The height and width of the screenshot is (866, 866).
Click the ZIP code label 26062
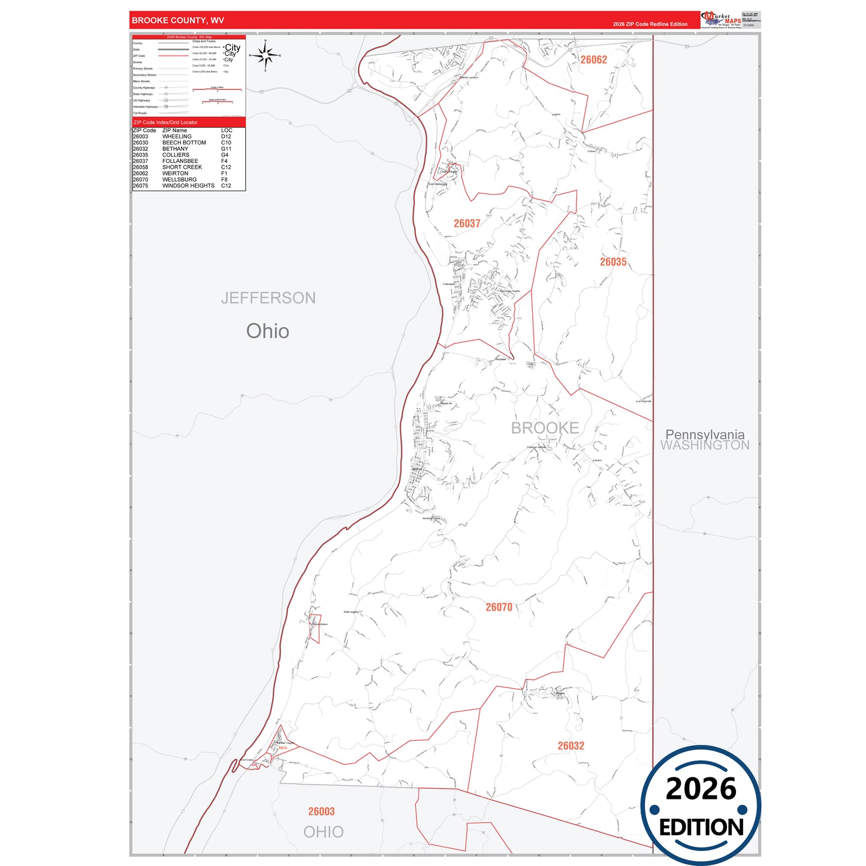[593, 60]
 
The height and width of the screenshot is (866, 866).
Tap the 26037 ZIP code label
[467, 224]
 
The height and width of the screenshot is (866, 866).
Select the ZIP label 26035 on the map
[613, 262]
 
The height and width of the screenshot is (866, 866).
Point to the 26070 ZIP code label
[499, 607]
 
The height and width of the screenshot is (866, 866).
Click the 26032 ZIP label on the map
[571, 746]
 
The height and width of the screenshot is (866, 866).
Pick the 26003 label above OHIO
[321, 811]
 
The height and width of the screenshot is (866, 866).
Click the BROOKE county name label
[545, 428]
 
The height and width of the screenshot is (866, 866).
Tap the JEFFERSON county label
[268, 298]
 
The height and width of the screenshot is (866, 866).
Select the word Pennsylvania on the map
[705, 434]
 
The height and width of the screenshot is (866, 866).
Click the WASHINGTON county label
[705, 445]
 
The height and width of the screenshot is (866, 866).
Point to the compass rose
[265, 56]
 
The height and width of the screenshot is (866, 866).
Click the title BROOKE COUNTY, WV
[178, 20]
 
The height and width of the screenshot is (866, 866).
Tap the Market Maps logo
[721, 20]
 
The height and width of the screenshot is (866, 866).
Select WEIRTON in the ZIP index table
[175, 173]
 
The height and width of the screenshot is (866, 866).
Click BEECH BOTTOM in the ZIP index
[184, 143]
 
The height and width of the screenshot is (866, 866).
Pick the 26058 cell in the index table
[140, 167]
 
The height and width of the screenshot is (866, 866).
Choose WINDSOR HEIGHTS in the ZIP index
[188, 186]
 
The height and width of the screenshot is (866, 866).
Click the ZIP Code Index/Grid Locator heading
[165, 122]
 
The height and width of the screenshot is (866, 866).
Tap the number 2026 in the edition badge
[701, 789]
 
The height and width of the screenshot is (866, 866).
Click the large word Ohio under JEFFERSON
[267, 331]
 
